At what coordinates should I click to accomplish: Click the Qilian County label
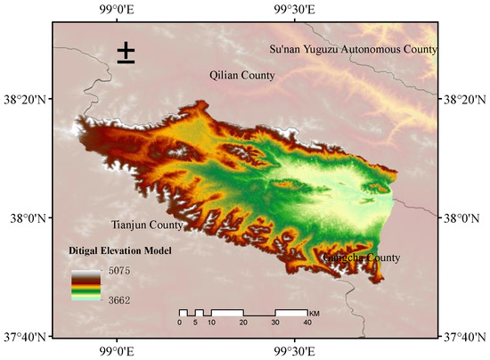click(x=241, y=76)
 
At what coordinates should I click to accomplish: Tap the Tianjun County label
click(x=142, y=224)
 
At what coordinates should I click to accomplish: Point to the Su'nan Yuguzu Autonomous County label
click(x=353, y=49)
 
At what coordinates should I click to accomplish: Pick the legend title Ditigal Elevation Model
click(x=119, y=251)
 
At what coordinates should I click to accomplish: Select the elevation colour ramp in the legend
click(x=86, y=285)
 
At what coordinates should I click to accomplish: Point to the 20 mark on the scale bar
click(x=242, y=323)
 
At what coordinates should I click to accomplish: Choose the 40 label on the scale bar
click(x=307, y=323)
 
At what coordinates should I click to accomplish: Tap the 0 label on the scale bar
click(x=179, y=323)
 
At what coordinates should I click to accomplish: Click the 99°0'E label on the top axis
click(x=116, y=9)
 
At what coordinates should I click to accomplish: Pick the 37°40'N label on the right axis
click(x=465, y=336)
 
